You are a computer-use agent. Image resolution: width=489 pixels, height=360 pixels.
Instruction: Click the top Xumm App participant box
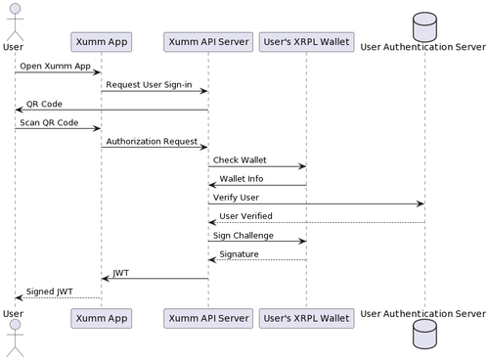(101, 42)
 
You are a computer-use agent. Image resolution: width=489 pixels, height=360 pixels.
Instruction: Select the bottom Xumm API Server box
(207, 318)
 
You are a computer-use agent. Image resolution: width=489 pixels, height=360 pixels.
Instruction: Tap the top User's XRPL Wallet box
(306, 42)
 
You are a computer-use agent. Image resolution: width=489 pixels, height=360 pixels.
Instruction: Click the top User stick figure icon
(14, 17)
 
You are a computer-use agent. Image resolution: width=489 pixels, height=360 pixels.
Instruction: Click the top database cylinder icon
(423, 20)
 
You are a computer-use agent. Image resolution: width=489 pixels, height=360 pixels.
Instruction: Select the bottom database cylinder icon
(423, 340)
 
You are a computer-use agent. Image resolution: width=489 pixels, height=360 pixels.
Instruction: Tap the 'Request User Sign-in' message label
(149, 84)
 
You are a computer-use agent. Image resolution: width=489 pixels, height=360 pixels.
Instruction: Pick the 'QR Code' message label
(44, 103)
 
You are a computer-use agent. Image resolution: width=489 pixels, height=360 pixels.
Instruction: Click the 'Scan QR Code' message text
(49, 122)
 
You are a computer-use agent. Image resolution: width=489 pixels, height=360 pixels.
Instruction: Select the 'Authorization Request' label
(151, 141)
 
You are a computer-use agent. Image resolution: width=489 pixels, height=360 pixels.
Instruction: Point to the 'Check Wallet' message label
(240, 159)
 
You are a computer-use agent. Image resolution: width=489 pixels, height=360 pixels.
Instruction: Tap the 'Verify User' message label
(236, 197)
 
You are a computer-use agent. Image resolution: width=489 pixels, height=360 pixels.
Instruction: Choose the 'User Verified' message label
(245, 215)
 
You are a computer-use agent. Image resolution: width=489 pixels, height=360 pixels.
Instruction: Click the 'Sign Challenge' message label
(244, 235)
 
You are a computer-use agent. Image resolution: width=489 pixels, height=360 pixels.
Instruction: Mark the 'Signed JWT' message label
(49, 291)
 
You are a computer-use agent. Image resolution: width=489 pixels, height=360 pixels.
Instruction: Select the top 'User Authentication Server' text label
(423, 45)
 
